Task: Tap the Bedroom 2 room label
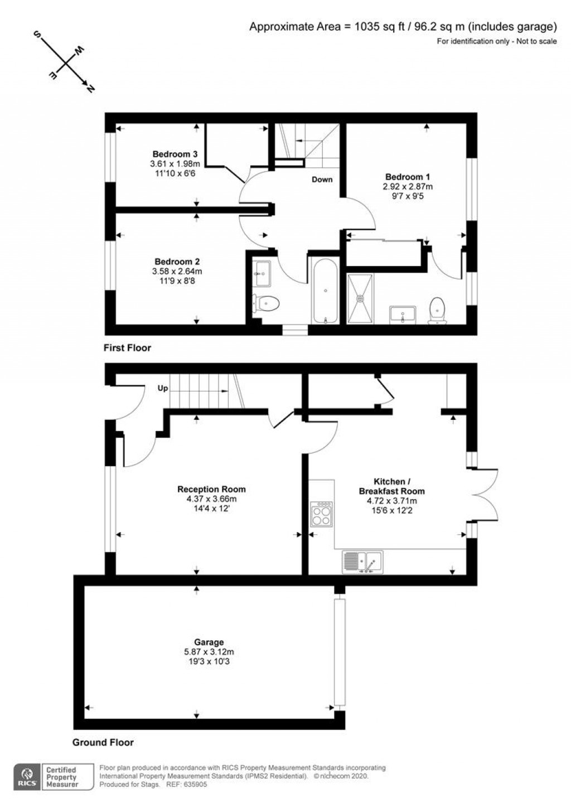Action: point(177,262)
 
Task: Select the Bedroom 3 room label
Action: point(175,154)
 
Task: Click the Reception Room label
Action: point(211,489)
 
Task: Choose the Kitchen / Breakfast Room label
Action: point(391,486)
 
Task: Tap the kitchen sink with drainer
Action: point(362,562)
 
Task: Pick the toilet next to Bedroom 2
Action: point(266,304)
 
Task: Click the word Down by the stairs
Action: point(322,180)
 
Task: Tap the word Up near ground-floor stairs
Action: point(162,388)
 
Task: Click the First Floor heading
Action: point(127,348)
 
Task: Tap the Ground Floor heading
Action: point(103,742)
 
